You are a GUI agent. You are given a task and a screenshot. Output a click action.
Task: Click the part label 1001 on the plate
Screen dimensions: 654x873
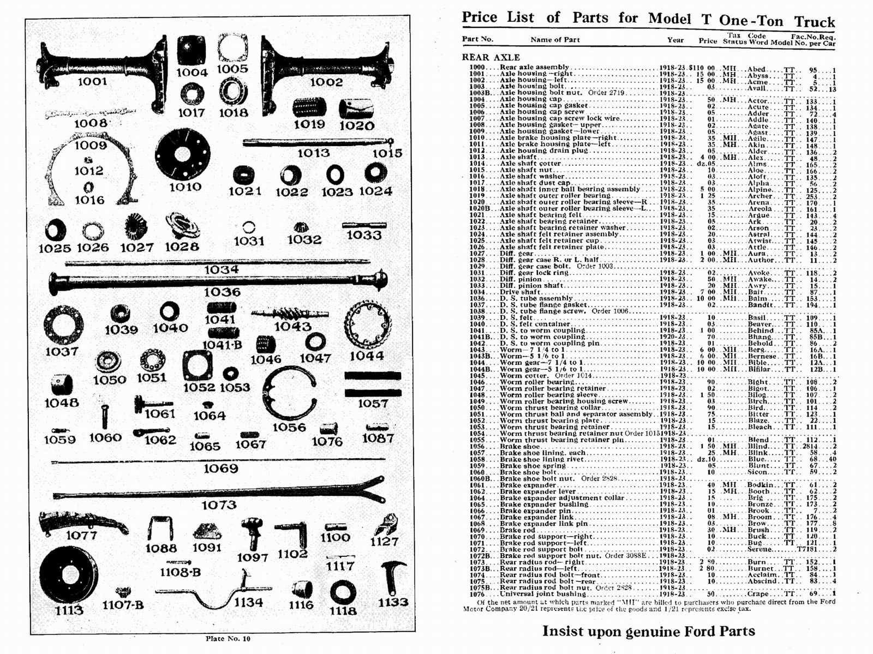coord(92,82)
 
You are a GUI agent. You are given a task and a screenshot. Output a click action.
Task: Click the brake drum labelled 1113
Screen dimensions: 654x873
coord(68,575)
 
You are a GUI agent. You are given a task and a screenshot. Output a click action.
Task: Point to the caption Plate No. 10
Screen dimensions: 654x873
coord(228,638)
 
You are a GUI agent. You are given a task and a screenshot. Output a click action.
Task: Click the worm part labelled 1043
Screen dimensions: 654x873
coord(290,314)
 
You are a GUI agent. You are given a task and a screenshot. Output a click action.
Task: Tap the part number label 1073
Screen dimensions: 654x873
coord(219,505)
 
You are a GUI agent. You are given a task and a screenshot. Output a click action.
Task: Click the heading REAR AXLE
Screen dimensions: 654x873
coord(491,57)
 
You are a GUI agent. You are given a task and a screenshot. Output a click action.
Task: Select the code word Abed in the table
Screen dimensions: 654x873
coord(757,69)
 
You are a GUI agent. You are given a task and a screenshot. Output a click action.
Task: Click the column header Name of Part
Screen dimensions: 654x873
coord(555,39)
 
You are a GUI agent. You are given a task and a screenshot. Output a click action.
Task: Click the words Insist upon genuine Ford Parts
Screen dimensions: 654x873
coord(648,631)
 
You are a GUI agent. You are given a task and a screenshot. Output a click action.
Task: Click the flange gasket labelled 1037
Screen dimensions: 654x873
coord(63,326)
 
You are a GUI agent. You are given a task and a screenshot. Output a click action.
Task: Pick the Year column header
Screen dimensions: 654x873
coord(675,40)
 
